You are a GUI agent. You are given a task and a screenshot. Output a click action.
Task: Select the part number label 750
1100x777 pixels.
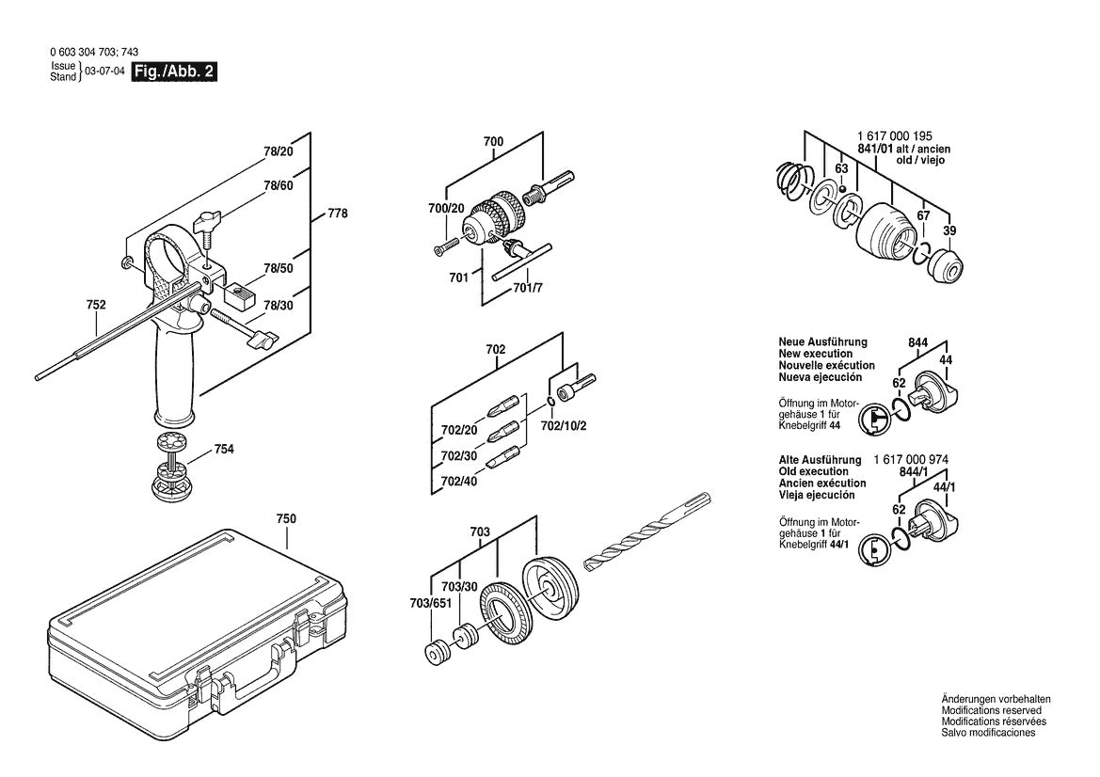coord(286,518)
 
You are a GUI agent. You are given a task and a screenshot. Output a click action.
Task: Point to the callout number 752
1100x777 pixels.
coord(96,305)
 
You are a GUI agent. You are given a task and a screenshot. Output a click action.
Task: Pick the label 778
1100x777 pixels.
coord(338,214)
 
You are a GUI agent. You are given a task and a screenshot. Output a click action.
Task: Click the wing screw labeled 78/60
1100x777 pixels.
coord(208,225)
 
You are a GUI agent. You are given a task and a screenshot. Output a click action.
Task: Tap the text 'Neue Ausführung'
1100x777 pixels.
coord(822,342)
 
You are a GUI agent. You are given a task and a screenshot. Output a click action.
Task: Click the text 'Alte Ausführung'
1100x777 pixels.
coord(820,460)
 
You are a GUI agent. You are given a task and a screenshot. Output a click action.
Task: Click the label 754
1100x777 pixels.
coord(224,449)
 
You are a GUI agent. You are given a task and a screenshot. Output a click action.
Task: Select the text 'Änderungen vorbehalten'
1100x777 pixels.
coord(996,699)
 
